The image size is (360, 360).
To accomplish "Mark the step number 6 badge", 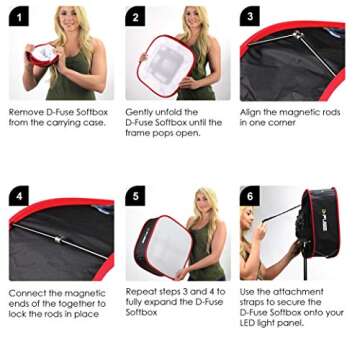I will click(249, 196).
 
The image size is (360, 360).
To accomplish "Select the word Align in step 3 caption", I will click(251, 112).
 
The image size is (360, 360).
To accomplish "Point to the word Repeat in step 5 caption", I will click(140, 292).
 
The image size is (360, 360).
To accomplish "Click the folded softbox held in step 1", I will click(42, 56).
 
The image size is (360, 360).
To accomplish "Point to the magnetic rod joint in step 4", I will click(57, 241).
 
